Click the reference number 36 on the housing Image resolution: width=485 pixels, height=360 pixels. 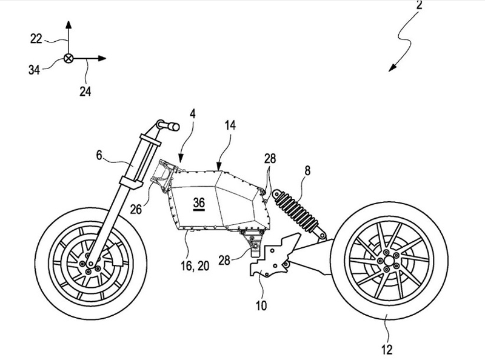coord(199,203)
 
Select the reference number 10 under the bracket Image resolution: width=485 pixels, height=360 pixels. coord(260,305)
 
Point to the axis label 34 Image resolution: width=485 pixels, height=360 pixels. coord(34,70)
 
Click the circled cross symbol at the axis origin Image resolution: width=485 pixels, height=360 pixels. coord(68,59)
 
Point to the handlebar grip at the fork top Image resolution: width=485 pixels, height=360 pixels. coord(171,126)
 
